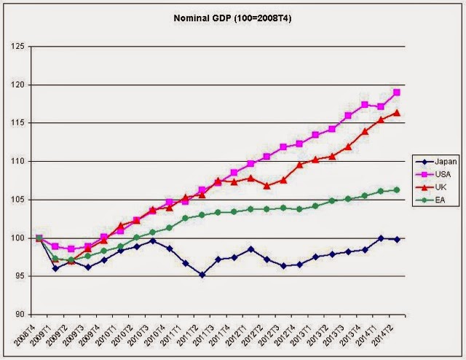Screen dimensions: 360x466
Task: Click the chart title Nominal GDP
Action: (x=233, y=16)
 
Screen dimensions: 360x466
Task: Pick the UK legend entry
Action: (x=434, y=186)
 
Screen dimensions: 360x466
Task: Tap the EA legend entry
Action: (x=434, y=198)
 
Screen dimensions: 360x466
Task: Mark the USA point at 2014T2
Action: (x=397, y=93)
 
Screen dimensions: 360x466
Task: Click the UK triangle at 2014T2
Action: (x=397, y=112)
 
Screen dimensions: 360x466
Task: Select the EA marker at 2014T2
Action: (x=397, y=189)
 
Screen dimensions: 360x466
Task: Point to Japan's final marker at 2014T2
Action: (x=397, y=239)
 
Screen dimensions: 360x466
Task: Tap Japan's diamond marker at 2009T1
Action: (x=55, y=268)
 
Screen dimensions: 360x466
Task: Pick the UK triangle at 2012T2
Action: (x=266, y=186)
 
